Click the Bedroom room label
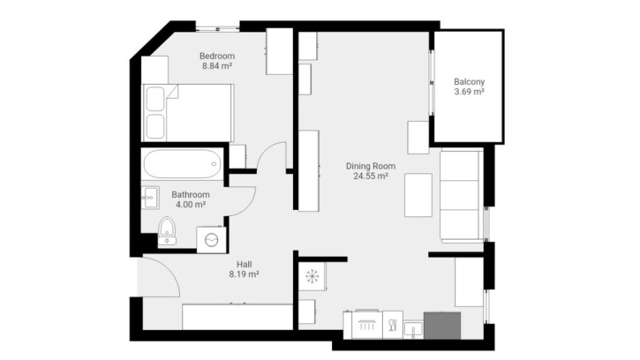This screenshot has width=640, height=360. [x=217, y=56]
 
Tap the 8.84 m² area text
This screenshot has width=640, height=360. [x=217, y=65]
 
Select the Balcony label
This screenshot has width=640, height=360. [x=469, y=82]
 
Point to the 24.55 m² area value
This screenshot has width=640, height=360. [x=371, y=176]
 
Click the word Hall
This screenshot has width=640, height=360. [x=244, y=264]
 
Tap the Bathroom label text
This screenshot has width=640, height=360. [x=191, y=195]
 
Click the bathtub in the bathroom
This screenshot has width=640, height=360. [x=182, y=164]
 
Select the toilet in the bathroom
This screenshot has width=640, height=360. [x=167, y=231]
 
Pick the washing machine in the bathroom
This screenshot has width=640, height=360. [x=211, y=240]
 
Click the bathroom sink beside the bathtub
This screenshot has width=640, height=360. [x=150, y=198]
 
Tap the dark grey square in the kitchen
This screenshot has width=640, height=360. [x=442, y=326]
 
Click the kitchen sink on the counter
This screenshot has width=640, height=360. [x=413, y=330]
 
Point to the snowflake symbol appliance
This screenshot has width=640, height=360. [x=312, y=276]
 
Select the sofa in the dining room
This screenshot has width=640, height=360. [x=461, y=197]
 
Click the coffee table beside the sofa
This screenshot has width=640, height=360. [x=418, y=195]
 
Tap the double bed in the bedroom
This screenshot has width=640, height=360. [x=188, y=113]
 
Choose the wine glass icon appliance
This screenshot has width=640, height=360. [x=393, y=325]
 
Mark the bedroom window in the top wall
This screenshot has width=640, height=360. [x=217, y=28]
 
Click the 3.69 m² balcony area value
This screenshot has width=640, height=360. [x=469, y=92]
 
